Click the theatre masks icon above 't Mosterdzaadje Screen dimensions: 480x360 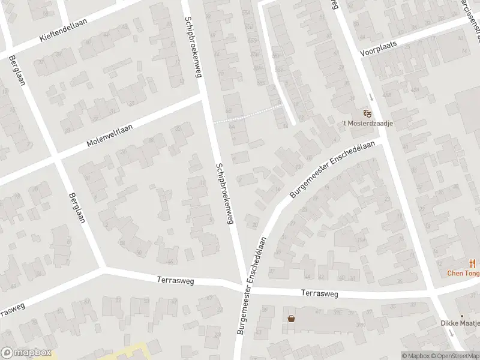click(x=368, y=113)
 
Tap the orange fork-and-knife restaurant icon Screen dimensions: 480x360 click(x=472, y=263)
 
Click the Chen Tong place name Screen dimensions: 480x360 click(x=464, y=273)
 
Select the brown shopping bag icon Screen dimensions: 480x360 click(x=291, y=319)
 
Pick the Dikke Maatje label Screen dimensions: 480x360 click(x=461, y=324)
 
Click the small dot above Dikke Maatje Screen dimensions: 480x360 click(x=461, y=316)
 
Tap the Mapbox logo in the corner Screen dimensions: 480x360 click(x=26, y=353)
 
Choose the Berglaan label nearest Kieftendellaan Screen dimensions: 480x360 click(x=16, y=71)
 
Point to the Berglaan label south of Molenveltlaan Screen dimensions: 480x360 click(x=76, y=207)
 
